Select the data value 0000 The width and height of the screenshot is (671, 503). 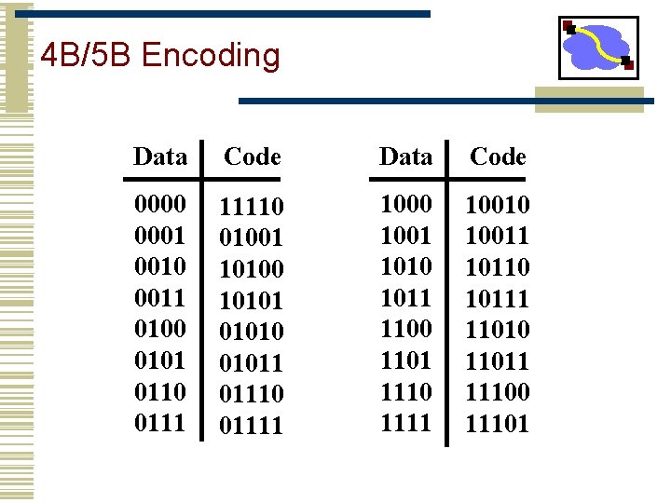(x=160, y=204)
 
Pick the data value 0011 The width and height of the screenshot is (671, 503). (x=160, y=298)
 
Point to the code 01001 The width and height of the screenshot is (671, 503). (x=252, y=237)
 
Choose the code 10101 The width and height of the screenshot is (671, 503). (x=252, y=300)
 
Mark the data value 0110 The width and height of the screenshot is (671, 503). (x=160, y=391)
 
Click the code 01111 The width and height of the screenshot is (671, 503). (x=252, y=426)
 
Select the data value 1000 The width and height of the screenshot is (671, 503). (x=406, y=204)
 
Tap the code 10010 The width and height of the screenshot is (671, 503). (x=498, y=205)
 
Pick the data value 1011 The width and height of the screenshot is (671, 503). (x=406, y=298)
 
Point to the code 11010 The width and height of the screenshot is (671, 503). (x=498, y=330)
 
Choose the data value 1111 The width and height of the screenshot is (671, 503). (x=406, y=423)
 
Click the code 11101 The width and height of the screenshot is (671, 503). (x=498, y=425)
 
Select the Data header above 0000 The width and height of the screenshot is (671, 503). (x=160, y=156)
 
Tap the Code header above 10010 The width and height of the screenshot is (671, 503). (x=498, y=156)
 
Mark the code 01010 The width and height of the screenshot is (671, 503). (x=252, y=332)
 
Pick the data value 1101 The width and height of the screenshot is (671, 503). (x=406, y=360)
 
